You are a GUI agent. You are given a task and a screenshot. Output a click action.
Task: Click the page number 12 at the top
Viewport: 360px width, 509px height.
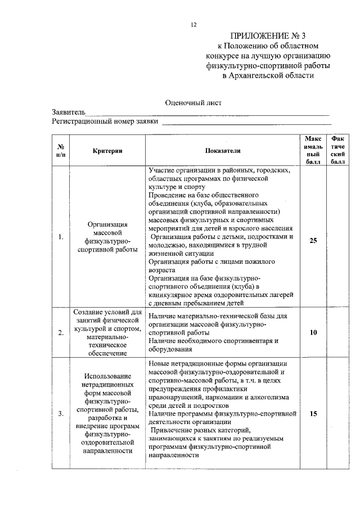193,25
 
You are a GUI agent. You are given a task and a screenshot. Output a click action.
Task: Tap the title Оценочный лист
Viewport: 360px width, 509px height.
193,102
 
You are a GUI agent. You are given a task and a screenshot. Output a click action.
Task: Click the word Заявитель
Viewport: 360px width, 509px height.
69,112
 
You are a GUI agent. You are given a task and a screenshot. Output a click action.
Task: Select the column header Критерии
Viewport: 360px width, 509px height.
106,151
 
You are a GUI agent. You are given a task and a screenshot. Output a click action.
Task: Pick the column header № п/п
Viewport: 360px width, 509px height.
61,150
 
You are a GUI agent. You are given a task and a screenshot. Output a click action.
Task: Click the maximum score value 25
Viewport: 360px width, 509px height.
313,240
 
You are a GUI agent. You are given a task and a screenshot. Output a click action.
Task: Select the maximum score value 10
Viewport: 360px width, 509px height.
313,333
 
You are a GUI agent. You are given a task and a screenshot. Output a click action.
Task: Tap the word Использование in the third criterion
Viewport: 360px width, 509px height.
106,376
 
